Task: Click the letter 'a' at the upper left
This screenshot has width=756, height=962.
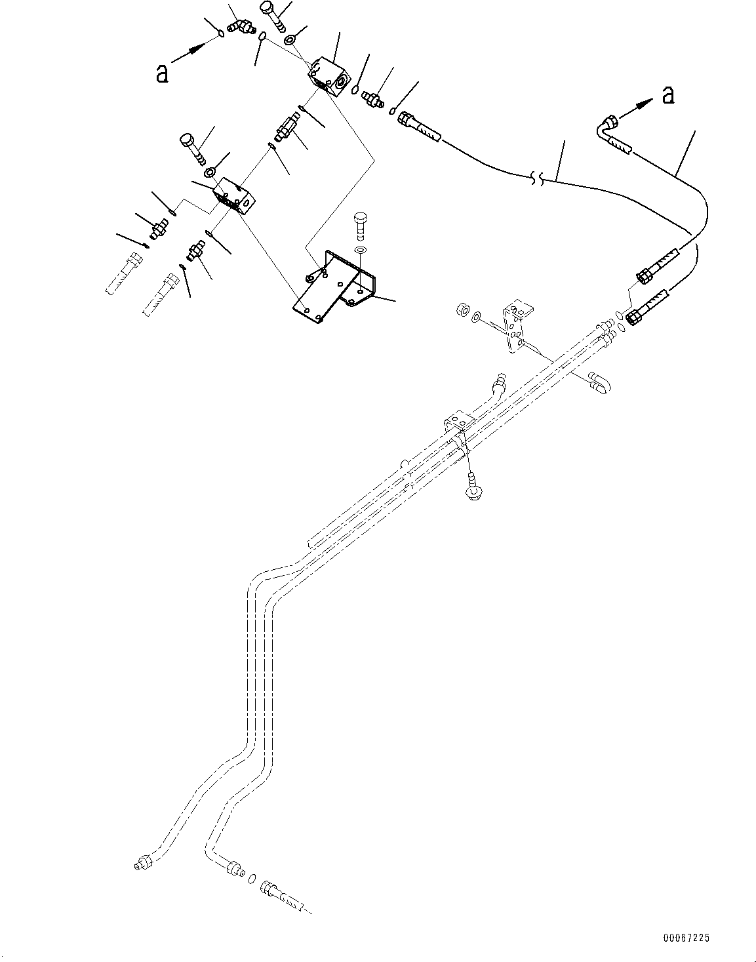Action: [x=161, y=74]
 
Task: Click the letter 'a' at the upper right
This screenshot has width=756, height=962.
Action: [x=668, y=95]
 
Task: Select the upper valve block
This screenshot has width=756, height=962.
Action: [x=330, y=76]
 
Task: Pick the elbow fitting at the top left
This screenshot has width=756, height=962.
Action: [x=239, y=27]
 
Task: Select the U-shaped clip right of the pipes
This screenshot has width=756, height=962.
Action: [x=599, y=383]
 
